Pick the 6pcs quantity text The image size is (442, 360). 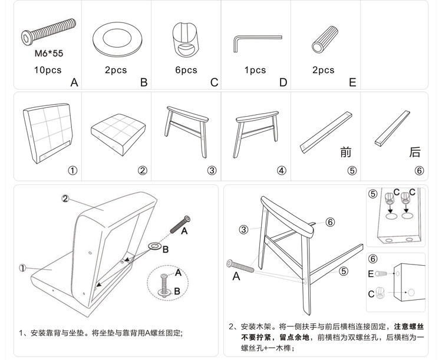click(186, 70)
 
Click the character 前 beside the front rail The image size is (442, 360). click(347, 153)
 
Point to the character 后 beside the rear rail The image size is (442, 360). click(415, 153)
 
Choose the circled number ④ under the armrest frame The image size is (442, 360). click(282, 171)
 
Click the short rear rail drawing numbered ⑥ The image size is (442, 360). click(391, 127)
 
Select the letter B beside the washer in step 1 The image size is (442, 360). click(166, 249)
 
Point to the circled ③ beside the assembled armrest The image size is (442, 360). click(243, 230)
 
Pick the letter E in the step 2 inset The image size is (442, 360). click(371, 274)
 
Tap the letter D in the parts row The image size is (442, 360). click(283, 82)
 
